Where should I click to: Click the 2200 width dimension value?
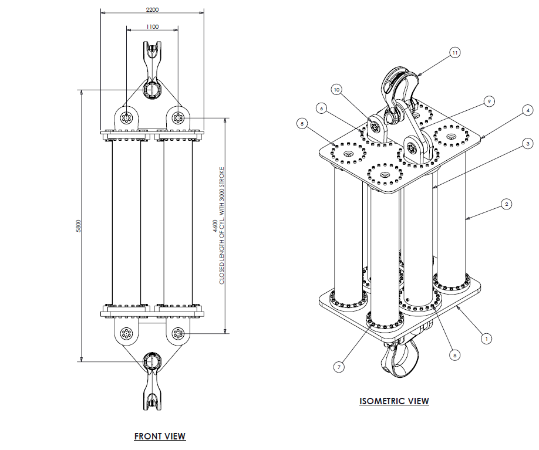click(151, 9)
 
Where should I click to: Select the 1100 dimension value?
click(151, 27)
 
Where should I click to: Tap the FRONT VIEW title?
click(160, 436)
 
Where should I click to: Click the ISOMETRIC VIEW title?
click(394, 401)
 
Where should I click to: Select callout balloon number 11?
click(454, 52)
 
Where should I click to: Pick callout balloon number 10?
click(336, 90)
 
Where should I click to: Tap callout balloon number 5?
click(302, 124)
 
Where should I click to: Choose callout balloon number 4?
click(528, 110)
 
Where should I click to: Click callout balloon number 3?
click(528, 143)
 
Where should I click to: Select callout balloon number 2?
click(507, 204)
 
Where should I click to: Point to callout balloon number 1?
click(486, 338)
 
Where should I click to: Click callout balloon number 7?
click(339, 367)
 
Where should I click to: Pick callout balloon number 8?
click(453, 354)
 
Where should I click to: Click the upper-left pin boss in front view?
click(125, 118)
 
